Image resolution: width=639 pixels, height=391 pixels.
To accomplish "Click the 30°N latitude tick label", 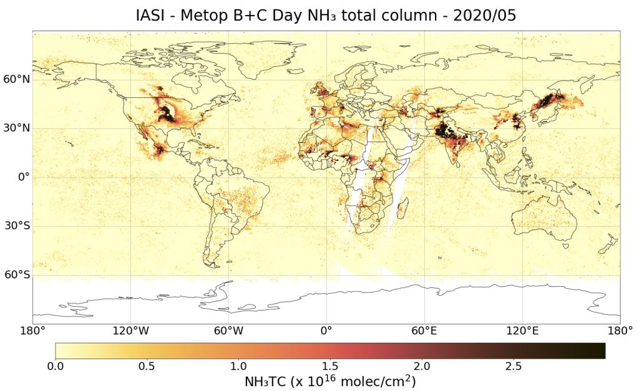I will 15,128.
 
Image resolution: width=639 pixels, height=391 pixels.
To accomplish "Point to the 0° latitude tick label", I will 22,177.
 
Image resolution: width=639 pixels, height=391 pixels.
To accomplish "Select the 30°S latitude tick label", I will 15,226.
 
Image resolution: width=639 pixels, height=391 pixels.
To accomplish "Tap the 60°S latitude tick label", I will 15,275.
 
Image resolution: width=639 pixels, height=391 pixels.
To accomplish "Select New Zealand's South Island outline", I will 603,249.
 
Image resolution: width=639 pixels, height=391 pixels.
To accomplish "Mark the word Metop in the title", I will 210,16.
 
